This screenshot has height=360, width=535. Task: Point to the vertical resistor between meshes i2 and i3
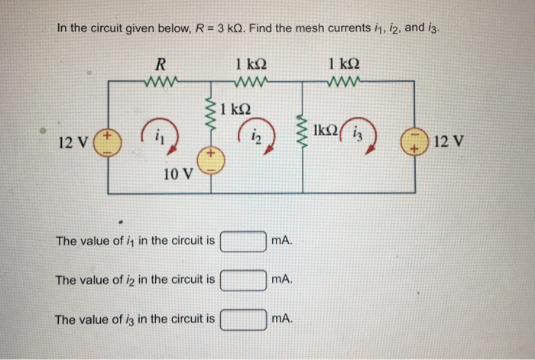click(306, 135)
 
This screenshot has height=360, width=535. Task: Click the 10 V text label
click(178, 175)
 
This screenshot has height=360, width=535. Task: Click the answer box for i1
click(243, 242)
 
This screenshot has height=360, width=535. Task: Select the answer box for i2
click(243, 280)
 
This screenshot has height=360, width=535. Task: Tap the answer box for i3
click(243, 318)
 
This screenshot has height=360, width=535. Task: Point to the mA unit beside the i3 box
click(281, 318)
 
